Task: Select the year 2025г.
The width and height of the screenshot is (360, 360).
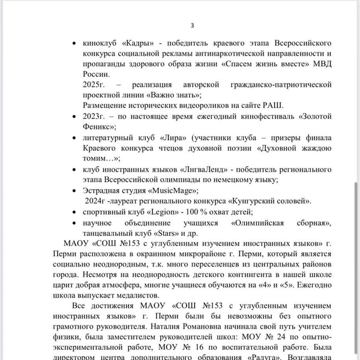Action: click(x=95, y=85)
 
